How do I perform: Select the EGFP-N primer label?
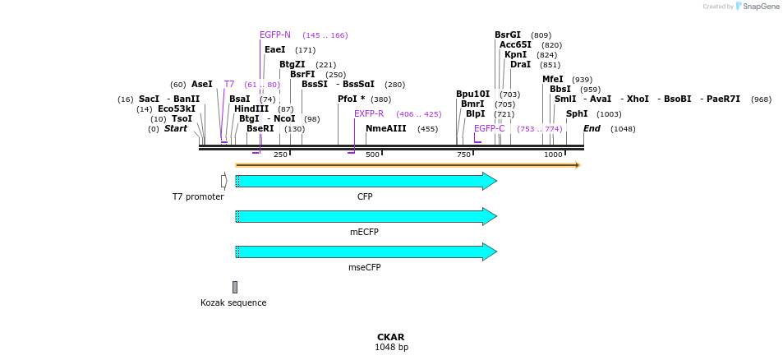274,35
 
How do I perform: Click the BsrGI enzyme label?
507,35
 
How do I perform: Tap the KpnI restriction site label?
515,55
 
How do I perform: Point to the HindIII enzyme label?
251,108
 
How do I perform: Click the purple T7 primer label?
229,85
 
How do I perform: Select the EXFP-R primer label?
369,114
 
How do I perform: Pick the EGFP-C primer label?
489,129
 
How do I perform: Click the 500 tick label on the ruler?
372,155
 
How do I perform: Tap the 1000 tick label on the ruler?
553,155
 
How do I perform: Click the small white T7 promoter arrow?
223,181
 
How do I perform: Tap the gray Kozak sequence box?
234,287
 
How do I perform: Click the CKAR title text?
391,337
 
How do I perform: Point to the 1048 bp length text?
391,348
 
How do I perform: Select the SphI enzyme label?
577,114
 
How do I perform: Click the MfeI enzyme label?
552,80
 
